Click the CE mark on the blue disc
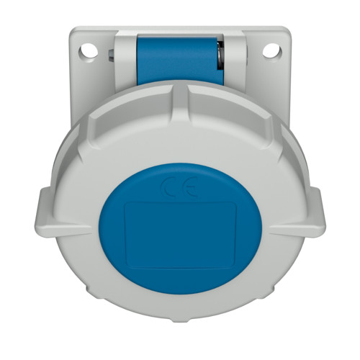179,189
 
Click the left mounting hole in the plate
88,51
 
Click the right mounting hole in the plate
272,51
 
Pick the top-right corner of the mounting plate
287,30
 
